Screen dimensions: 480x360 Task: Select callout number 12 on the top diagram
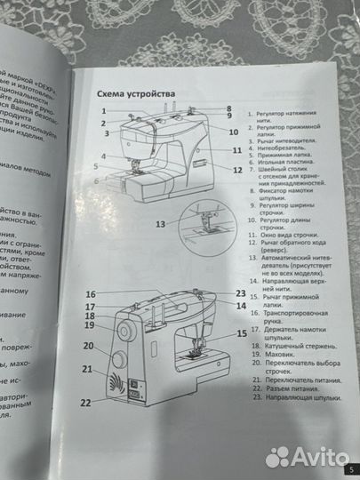[x=237, y=169]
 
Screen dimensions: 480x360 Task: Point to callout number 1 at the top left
[x=104, y=111]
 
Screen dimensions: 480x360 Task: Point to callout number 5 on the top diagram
[x=95, y=166]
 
